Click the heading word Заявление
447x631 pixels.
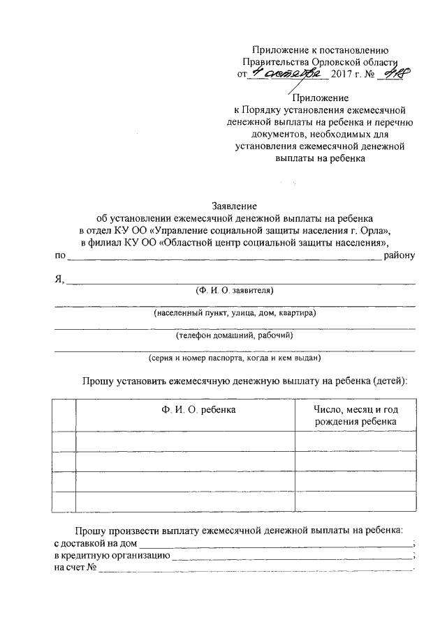(x=235, y=206)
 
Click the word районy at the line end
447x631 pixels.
(x=400, y=255)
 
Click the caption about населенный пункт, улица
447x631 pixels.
(x=235, y=313)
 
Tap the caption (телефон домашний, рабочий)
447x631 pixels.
(x=235, y=335)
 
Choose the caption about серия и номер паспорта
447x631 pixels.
(x=235, y=358)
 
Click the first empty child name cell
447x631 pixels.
(x=185, y=441)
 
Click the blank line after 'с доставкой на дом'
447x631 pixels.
(x=275, y=542)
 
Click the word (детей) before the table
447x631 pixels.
(x=390, y=381)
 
